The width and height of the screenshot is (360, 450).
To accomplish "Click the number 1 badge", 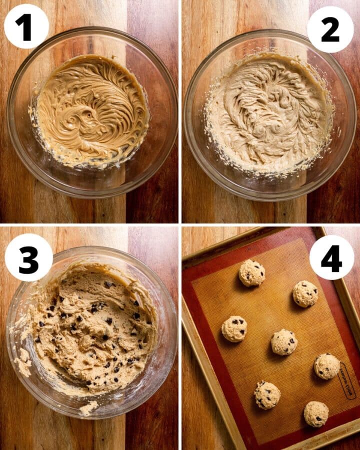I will (x=26, y=26).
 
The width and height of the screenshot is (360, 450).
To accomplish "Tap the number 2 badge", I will (x=330, y=29).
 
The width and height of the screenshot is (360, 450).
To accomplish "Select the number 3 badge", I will (x=28, y=257).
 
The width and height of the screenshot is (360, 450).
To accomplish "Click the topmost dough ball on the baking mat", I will (x=251, y=273).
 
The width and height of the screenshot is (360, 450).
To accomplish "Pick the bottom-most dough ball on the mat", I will (x=316, y=414).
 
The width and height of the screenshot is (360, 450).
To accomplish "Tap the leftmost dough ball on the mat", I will (x=234, y=329).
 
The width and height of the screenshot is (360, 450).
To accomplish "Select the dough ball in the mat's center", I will (x=284, y=342).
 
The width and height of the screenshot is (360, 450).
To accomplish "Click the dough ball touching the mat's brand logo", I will (x=326, y=366).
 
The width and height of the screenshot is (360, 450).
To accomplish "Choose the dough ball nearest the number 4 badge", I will (x=305, y=293).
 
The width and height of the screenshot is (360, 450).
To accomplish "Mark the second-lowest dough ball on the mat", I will (x=267, y=395).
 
